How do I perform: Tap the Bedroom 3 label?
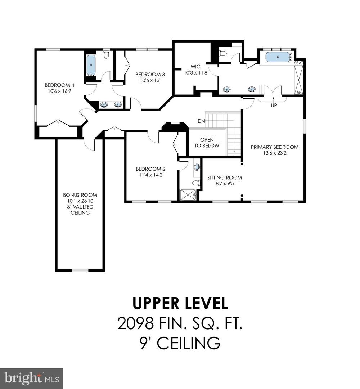pyautogui.click(x=150, y=75)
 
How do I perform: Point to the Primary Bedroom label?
pyautogui.click(x=274, y=147)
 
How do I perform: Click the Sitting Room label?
pyautogui.click(x=225, y=178)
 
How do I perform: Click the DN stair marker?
pyautogui.click(x=201, y=121)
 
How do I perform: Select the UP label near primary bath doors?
pyautogui.click(x=274, y=106)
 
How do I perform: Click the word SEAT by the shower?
pyautogui.click(x=299, y=63)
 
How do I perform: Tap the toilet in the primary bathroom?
pyautogui.click(x=223, y=54)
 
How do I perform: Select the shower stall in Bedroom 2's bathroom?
pyautogui.click(x=188, y=195)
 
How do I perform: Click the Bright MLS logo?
pyautogui.click(x=32, y=378)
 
